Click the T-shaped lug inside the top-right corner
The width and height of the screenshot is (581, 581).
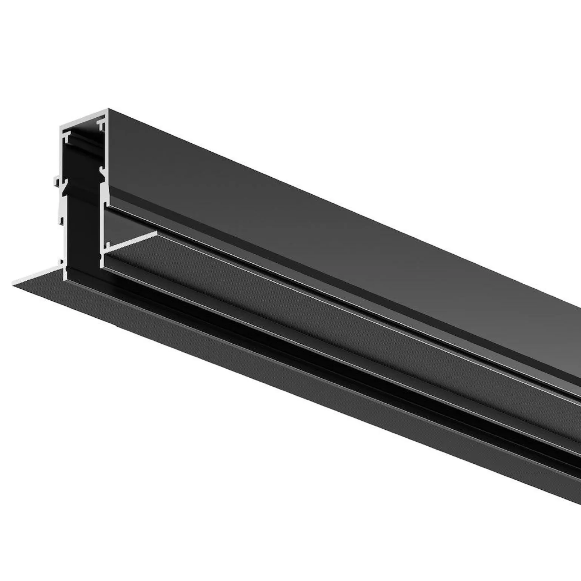101,123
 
